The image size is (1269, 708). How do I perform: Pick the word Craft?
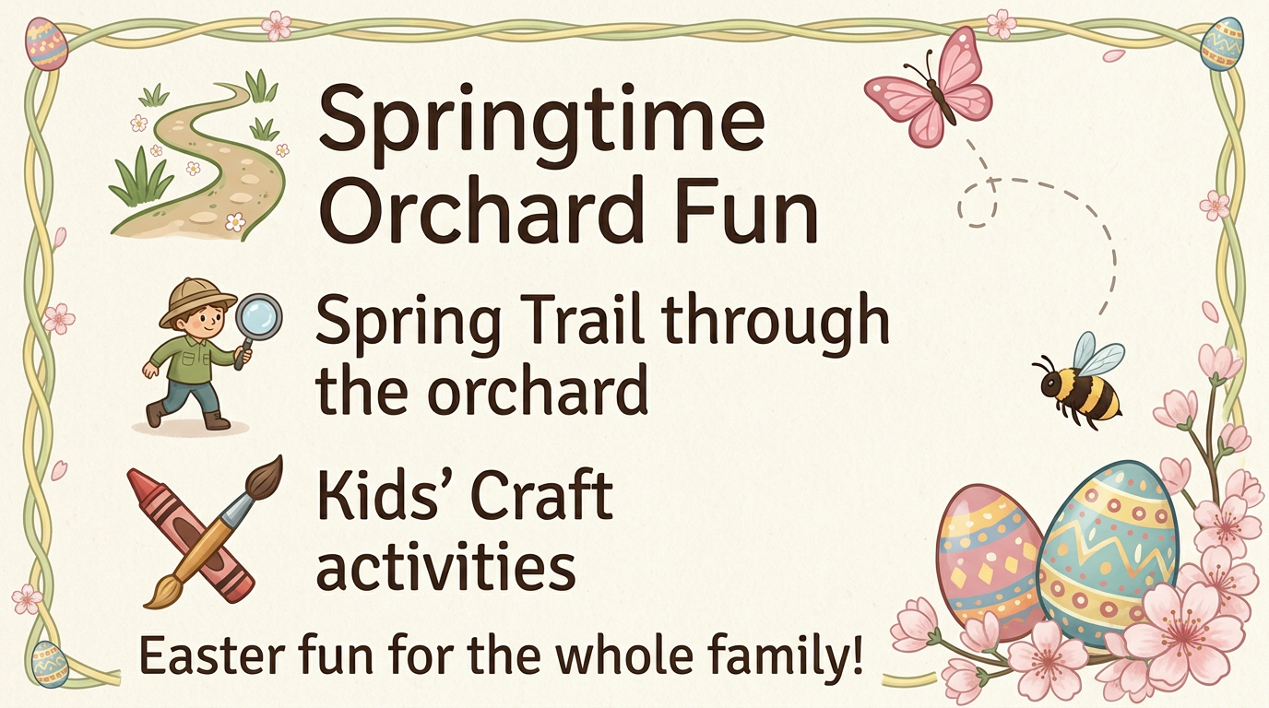pyautogui.click(x=542, y=495)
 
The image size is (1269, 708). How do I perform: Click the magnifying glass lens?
pyautogui.click(x=258, y=315)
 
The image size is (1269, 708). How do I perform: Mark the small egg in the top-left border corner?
pyautogui.click(x=46, y=43)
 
